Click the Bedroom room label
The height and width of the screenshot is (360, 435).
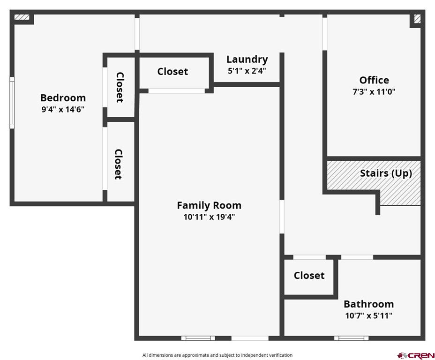[63, 97]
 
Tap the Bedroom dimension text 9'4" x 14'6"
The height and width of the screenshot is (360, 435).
[63, 110]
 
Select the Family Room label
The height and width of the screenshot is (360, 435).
[209, 205]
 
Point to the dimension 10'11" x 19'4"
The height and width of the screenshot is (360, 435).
[209, 217]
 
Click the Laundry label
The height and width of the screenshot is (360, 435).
[247, 59]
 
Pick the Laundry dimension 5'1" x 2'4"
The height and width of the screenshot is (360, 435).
[247, 71]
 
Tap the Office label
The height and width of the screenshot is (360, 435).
[374, 80]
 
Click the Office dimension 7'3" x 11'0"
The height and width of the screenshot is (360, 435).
[374, 92]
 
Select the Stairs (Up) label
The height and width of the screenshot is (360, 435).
[386, 173]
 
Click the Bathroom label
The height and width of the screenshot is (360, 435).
[368, 304]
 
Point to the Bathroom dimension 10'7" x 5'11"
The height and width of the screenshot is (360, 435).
[368, 315]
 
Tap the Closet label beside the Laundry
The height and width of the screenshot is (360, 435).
[172, 71]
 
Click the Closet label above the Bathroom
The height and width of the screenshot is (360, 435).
[309, 275]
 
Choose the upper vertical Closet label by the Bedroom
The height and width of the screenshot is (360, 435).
[120, 87]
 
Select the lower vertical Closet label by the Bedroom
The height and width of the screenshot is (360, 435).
[119, 164]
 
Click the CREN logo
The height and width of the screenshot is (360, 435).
[416, 355]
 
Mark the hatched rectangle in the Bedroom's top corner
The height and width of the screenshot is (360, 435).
[22, 18]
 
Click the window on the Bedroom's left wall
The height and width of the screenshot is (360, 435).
[12, 103]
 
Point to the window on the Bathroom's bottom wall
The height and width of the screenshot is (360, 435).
[351, 338]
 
